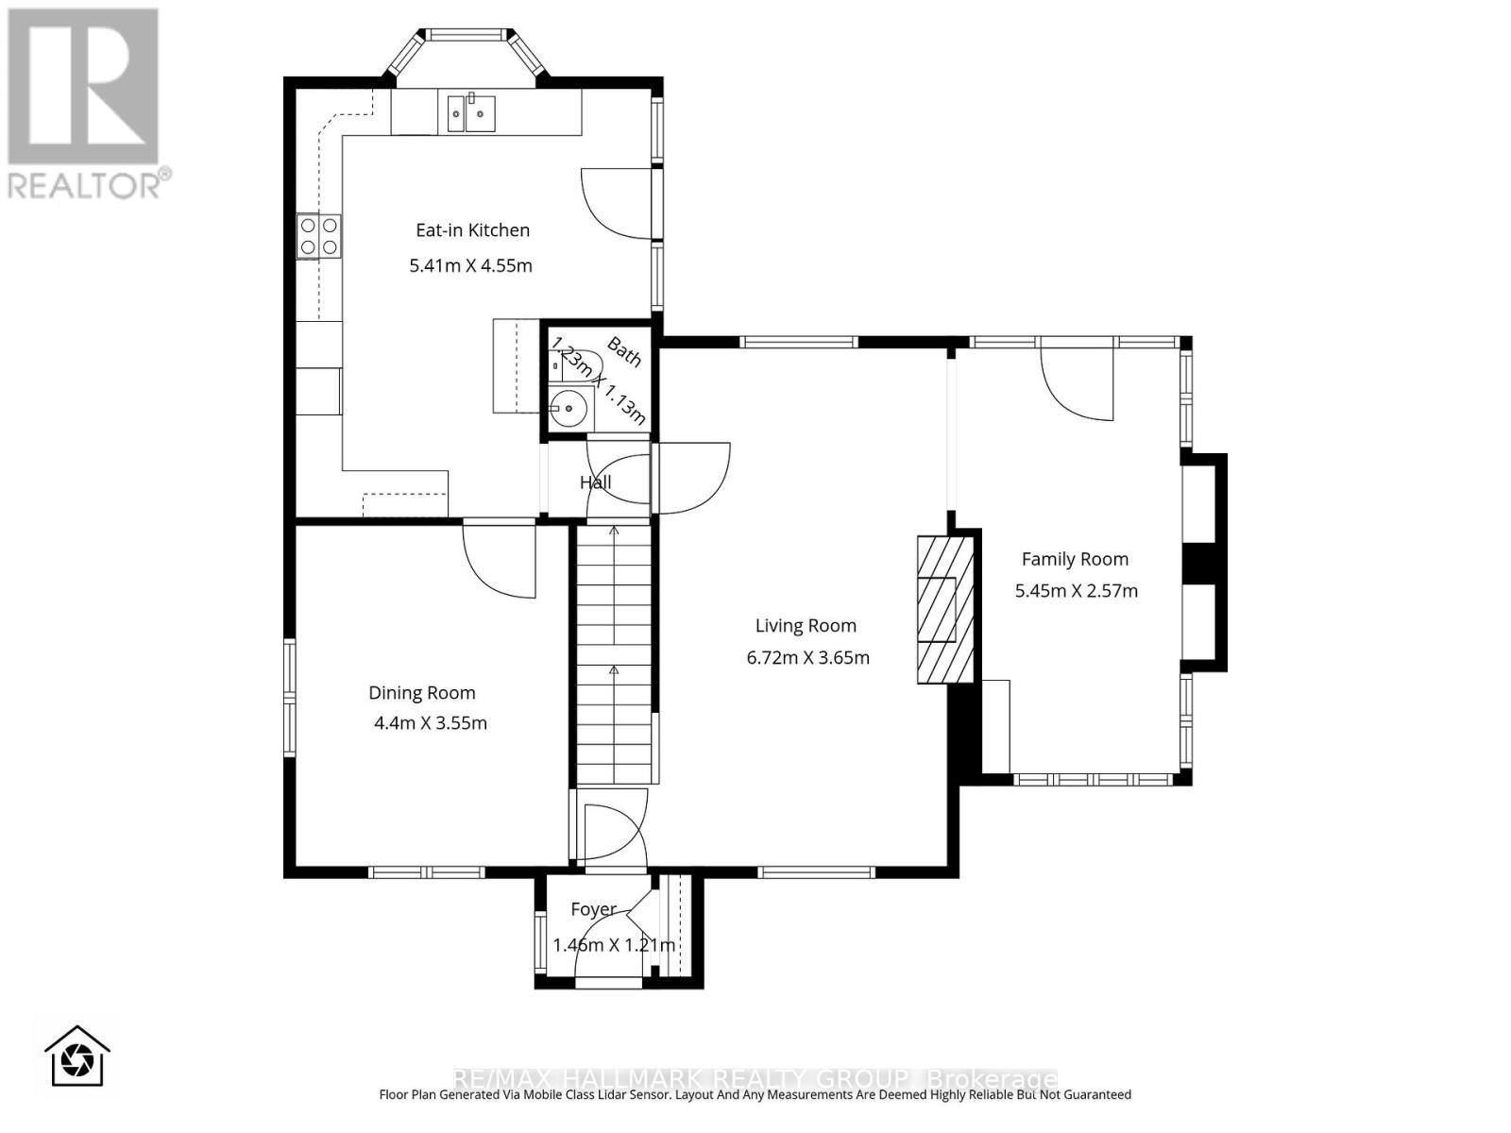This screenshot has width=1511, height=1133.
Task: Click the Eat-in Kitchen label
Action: tap(472, 230)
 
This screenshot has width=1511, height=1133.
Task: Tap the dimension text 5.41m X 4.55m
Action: tap(470, 266)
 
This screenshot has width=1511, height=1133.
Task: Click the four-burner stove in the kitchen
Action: tap(319, 236)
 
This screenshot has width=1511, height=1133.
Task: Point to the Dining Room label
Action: tap(421, 693)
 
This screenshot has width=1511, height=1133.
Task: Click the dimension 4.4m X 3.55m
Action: tap(430, 724)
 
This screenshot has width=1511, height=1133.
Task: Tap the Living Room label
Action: tap(806, 626)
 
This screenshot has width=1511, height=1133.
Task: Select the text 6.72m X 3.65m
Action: tap(807, 658)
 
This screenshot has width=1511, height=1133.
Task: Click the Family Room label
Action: tap(1075, 559)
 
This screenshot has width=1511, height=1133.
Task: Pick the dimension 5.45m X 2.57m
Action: tap(1076, 591)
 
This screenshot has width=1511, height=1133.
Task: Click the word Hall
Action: tap(595, 482)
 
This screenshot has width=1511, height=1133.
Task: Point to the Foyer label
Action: tap(593, 909)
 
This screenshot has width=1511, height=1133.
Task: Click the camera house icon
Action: tap(77, 1057)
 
